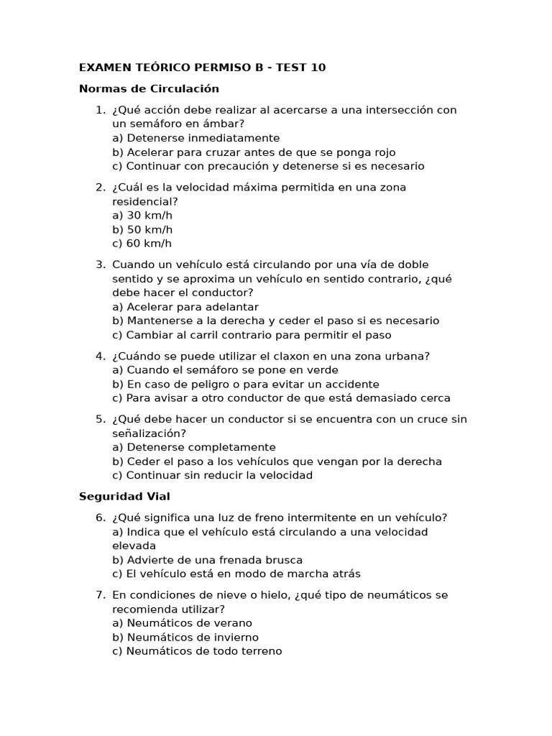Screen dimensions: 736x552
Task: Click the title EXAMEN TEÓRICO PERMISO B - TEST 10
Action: click(202, 68)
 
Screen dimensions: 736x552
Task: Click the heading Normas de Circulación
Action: click(149, 88)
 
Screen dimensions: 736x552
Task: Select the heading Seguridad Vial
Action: click(124, 496)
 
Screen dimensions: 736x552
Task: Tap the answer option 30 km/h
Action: click(142, 215)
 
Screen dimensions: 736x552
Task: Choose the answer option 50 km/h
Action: click(142, 229)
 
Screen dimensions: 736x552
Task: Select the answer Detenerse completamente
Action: click(193, 447)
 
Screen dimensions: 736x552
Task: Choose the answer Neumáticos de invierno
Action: click(185, 637)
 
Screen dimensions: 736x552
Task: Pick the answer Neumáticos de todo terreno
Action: click(197, 650)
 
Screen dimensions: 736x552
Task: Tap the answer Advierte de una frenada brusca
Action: click(207, 559)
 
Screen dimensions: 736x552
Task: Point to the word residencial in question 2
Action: click(142, 201)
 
